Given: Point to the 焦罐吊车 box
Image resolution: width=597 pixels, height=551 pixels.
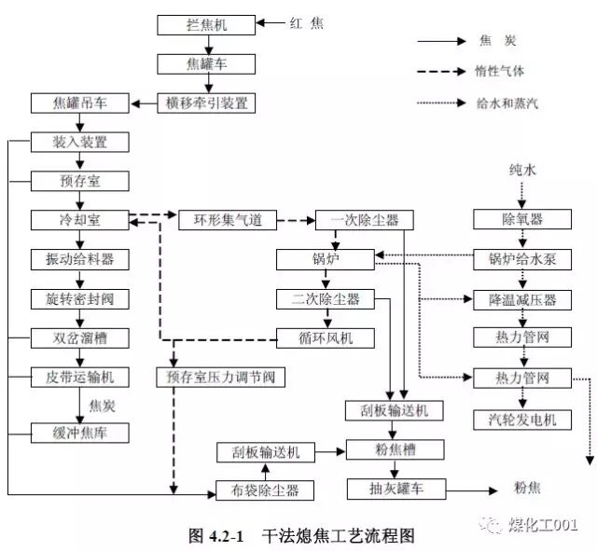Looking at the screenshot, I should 79,103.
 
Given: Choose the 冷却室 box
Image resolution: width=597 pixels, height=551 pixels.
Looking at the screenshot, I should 79,220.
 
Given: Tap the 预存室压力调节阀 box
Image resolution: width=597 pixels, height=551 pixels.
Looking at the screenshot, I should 221,378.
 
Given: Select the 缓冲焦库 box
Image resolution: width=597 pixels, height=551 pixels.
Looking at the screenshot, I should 79,433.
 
